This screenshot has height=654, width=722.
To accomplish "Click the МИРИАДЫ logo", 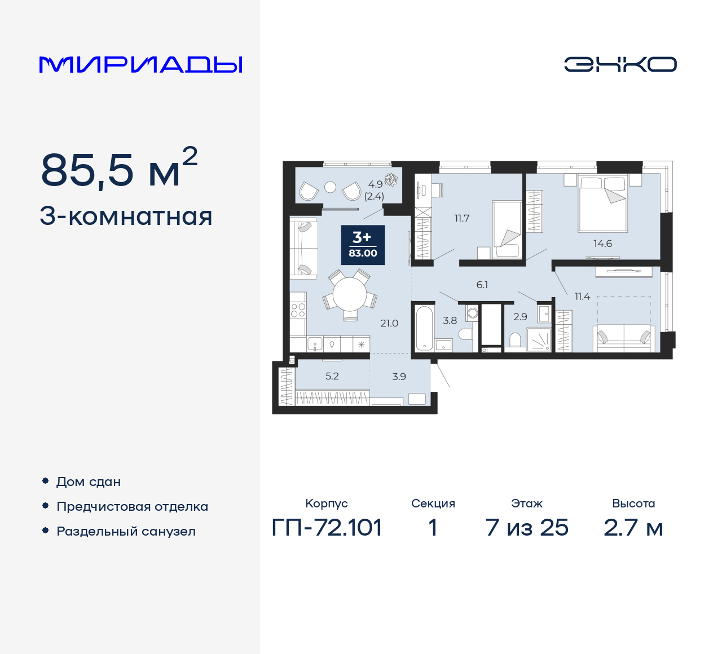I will (x=140, y=64).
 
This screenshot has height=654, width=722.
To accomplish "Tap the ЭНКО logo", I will (x=620, y=64).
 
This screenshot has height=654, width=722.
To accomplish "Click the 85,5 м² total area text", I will (x=119, y=169).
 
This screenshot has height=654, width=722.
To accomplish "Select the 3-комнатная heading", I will (x=126, y=216).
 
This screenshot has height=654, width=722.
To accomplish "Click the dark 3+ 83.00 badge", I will (x=363, y=245).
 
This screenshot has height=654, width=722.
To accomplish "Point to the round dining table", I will (x=350, y=294).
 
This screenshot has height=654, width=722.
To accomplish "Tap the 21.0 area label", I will (x=389, y=323).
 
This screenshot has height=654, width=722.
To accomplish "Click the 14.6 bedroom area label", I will (x=602, y=244).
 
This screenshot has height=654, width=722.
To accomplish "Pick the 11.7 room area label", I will (x=462, y=218).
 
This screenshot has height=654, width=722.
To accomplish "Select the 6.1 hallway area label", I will (x=482, y=285).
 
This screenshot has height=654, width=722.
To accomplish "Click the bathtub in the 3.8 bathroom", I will (x=424, y=328).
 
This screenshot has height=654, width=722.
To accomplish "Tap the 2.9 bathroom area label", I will (x=520, y=317).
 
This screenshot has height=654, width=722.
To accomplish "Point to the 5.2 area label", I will (x=332, y=376).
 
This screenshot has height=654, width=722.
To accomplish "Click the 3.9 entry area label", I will (x=399, y=377).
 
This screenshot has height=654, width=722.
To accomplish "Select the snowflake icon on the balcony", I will (x=391, y=179).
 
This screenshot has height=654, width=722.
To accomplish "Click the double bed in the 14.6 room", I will (x=603, y=203).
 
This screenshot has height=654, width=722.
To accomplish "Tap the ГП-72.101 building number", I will (x=327, y=528).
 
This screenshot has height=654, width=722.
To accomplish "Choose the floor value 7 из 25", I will (x=527, y=528).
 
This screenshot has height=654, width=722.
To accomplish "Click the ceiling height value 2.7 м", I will (x=633, y=528).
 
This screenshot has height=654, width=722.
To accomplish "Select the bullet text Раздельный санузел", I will (x=126, y=531).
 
